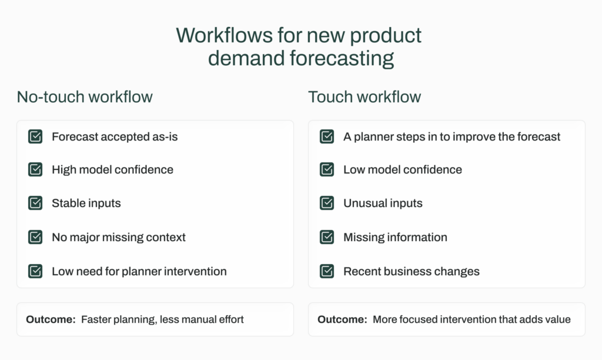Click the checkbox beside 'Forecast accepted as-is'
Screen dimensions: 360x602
(35, 136)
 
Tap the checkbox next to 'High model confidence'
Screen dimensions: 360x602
(35, 169)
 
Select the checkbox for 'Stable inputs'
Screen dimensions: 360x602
(35, 203)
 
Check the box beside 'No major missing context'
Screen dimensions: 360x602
(35, 237)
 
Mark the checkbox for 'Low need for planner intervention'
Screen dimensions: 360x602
(35, 271)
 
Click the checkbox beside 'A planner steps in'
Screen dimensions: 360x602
(327, 136)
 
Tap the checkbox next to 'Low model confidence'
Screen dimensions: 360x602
(327, 169)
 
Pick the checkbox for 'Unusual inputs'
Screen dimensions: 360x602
(327, 203)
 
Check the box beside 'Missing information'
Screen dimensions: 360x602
(327, 237)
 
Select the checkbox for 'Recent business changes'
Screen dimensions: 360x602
(327, 271)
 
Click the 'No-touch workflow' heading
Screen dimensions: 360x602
(85, 97)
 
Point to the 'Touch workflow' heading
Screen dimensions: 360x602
(364, 97)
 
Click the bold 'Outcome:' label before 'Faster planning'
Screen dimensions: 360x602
(50, 320)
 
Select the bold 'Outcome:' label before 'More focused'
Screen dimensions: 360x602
(342, 320)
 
